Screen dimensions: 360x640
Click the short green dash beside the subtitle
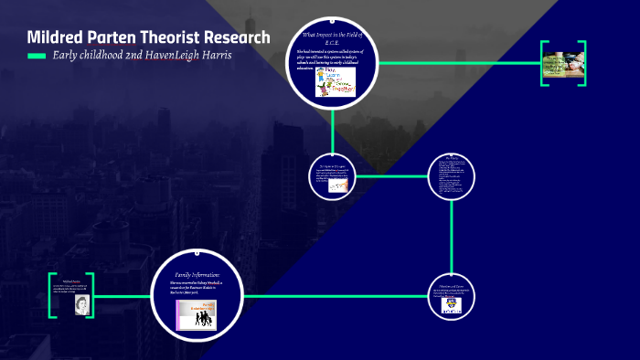tap(37, 57)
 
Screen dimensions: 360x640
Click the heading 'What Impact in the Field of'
tap(333, 35)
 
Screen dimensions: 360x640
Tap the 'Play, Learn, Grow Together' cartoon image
tap(335, 81)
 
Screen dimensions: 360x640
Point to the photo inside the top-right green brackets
tap(564, 63)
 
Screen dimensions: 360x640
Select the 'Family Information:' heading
tap(197, 274)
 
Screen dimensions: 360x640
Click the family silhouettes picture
tap(199, 313)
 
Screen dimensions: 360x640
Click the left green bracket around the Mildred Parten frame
tap(52, 295)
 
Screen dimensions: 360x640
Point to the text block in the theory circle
tap(453, 175)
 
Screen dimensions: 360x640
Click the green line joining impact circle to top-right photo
tap(457, 63)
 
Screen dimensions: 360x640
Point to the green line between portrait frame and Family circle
tap(123, 295)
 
